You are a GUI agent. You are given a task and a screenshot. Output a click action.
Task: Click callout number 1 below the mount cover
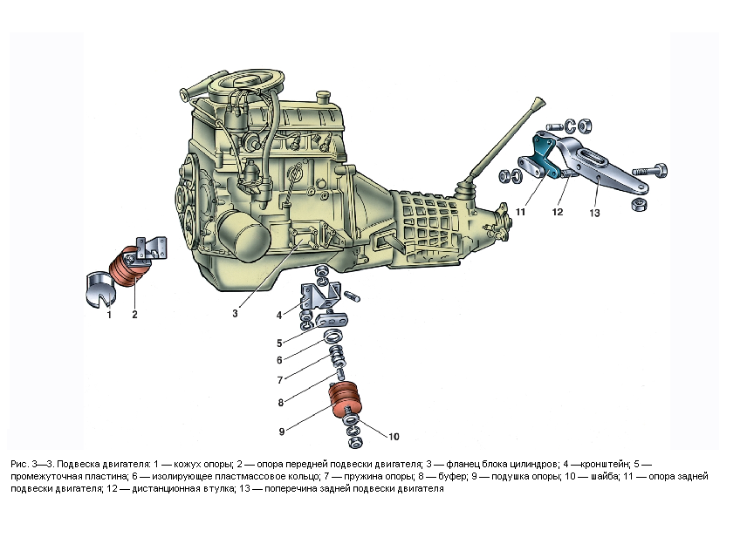tap(109, 315)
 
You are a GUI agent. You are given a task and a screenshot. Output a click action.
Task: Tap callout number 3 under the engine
tap(235, 313)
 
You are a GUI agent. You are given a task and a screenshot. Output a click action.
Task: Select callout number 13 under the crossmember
tap(594, 213)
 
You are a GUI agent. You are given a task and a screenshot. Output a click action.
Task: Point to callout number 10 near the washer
tap(394, 437)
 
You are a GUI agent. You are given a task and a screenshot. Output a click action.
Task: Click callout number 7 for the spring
tap(280, 380)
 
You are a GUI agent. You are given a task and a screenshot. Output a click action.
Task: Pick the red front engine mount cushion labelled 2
tap(126, 267)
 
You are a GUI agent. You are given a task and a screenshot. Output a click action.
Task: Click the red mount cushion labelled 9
tap(346, 400)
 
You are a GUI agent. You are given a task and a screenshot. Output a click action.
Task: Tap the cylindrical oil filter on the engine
tap(242, 235)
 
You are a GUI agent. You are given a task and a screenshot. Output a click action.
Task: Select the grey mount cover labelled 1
tap(100, 289)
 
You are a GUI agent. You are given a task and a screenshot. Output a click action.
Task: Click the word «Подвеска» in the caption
tap(78, 464)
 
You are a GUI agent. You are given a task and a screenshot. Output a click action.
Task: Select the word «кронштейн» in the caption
tap(605, 464)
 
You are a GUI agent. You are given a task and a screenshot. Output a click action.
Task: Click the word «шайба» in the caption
tap(603, 477)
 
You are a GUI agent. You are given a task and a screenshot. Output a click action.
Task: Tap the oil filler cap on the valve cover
tap(324, 96)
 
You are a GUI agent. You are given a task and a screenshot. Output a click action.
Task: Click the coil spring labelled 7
tap(335, 357)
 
